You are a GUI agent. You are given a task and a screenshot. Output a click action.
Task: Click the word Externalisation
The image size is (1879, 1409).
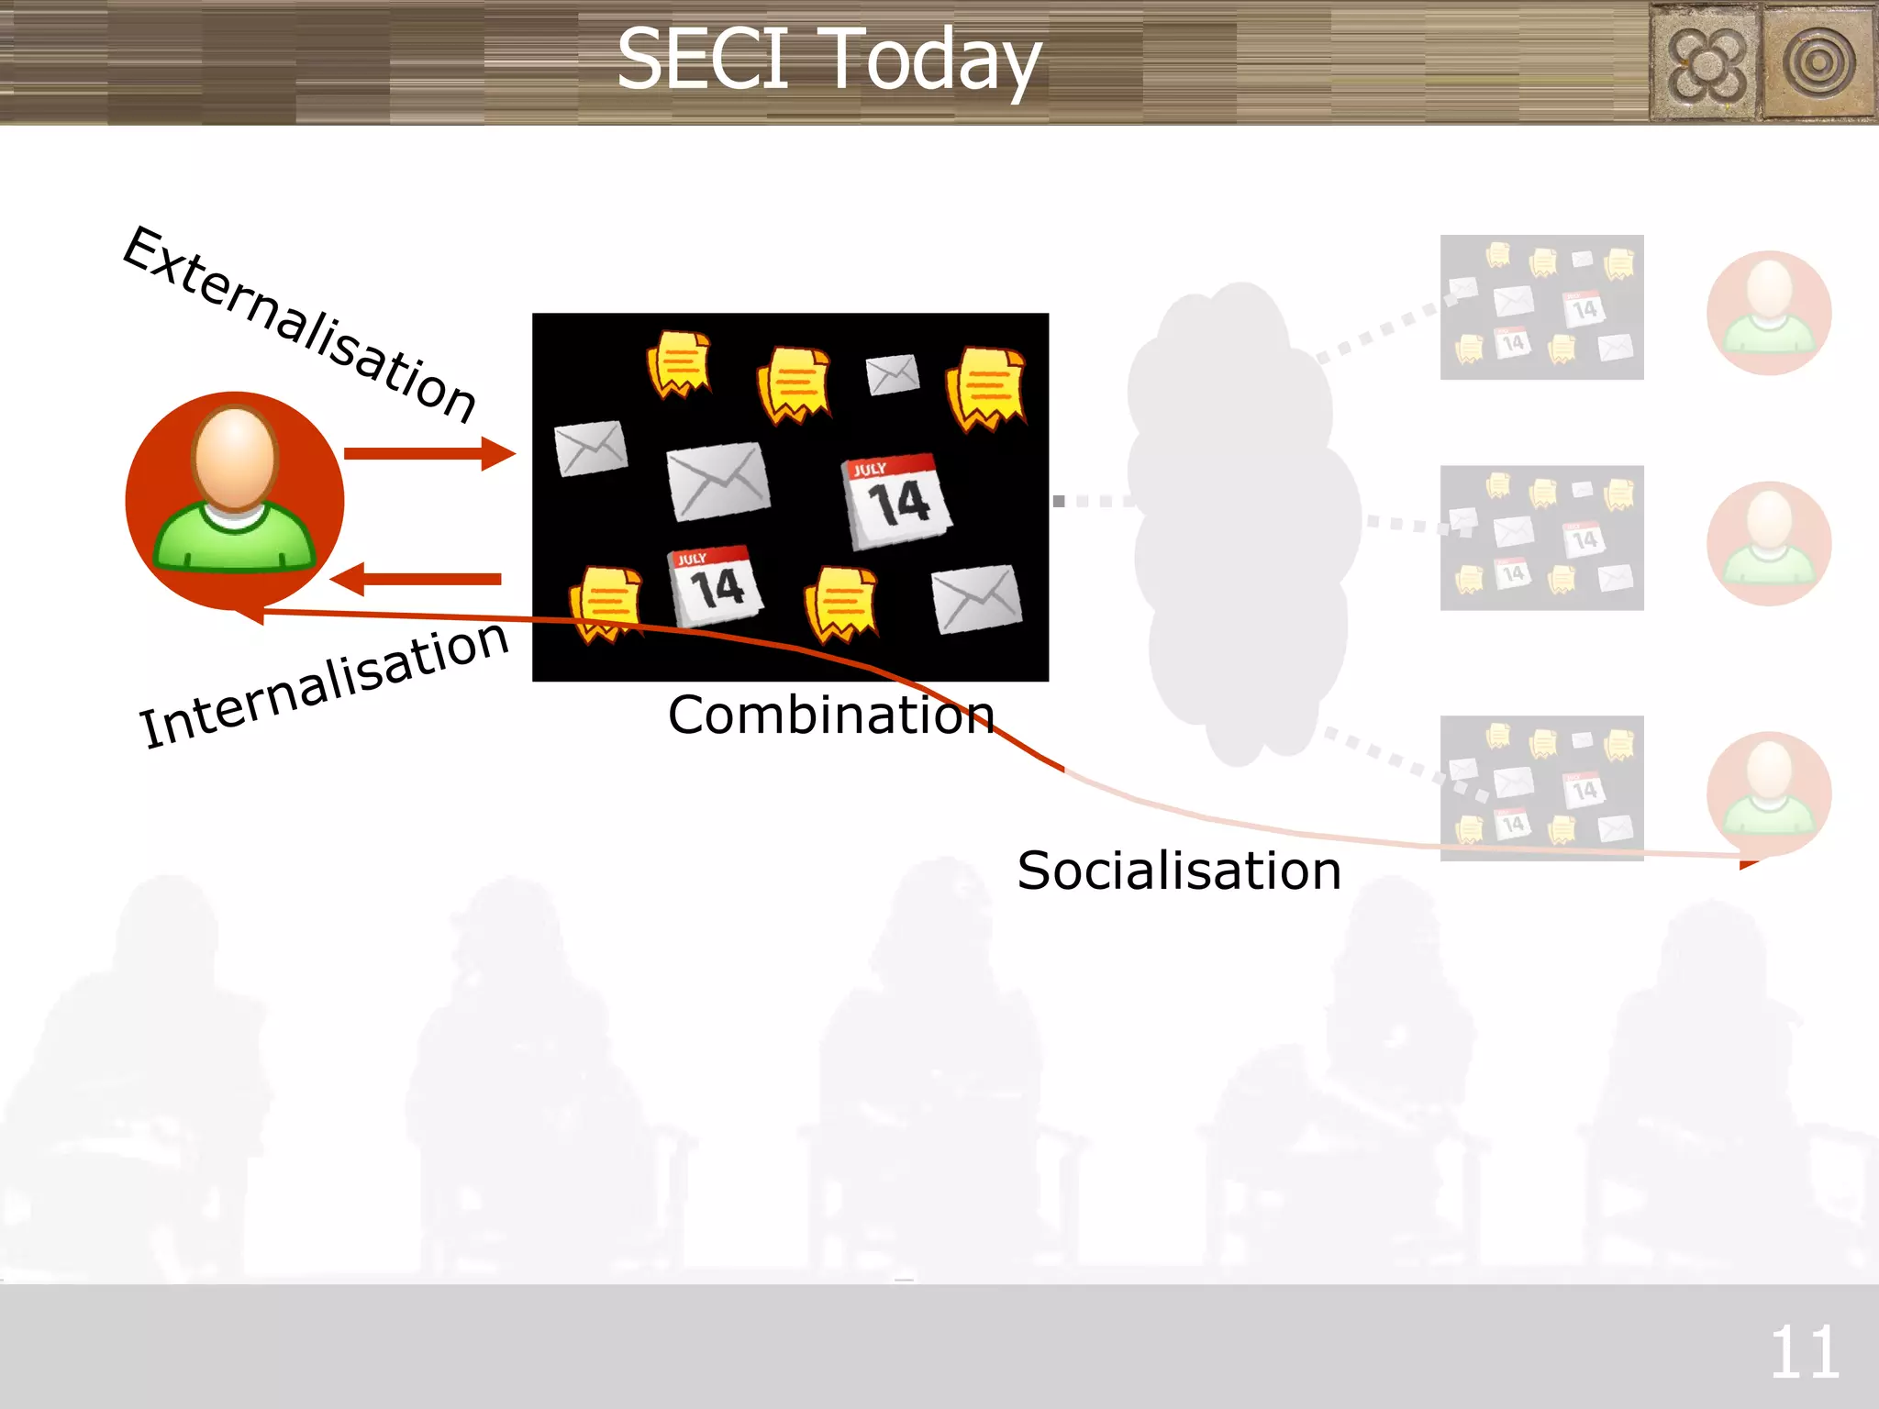tap(298, 323)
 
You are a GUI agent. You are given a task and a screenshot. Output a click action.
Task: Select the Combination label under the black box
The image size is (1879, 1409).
tap(830, 715)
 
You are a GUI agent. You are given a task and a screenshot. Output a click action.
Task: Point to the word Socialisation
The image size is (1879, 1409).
tap(1179, 871)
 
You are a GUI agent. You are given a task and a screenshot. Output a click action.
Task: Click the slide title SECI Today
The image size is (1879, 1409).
tap(828, 60)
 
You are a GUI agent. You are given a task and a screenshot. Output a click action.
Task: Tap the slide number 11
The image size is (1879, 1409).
tap(1804, 1352)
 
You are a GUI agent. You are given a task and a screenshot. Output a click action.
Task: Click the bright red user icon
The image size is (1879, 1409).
tap(235, 500)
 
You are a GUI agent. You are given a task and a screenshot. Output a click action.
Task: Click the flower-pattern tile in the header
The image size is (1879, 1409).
tap(1705, 62)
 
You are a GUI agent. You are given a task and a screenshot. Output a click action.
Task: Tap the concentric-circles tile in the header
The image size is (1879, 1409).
tap(1818, 62)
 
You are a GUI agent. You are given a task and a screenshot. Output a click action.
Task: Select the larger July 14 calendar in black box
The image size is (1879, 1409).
tap(896, 501)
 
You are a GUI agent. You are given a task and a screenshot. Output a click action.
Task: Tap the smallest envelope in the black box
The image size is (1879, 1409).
tap(892, 374)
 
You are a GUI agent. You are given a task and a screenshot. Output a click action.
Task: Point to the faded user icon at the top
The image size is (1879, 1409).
tap(1769, 313)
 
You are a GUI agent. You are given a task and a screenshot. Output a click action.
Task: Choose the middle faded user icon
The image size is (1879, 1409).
tap(1769, 543)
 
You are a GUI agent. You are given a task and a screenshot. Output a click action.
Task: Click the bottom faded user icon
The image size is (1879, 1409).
tap(1769, 793)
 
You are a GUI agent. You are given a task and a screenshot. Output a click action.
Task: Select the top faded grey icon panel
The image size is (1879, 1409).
tap(1541, 307)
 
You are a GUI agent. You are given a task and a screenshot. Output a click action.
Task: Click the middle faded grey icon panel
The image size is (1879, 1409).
tap(1541, 538)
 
